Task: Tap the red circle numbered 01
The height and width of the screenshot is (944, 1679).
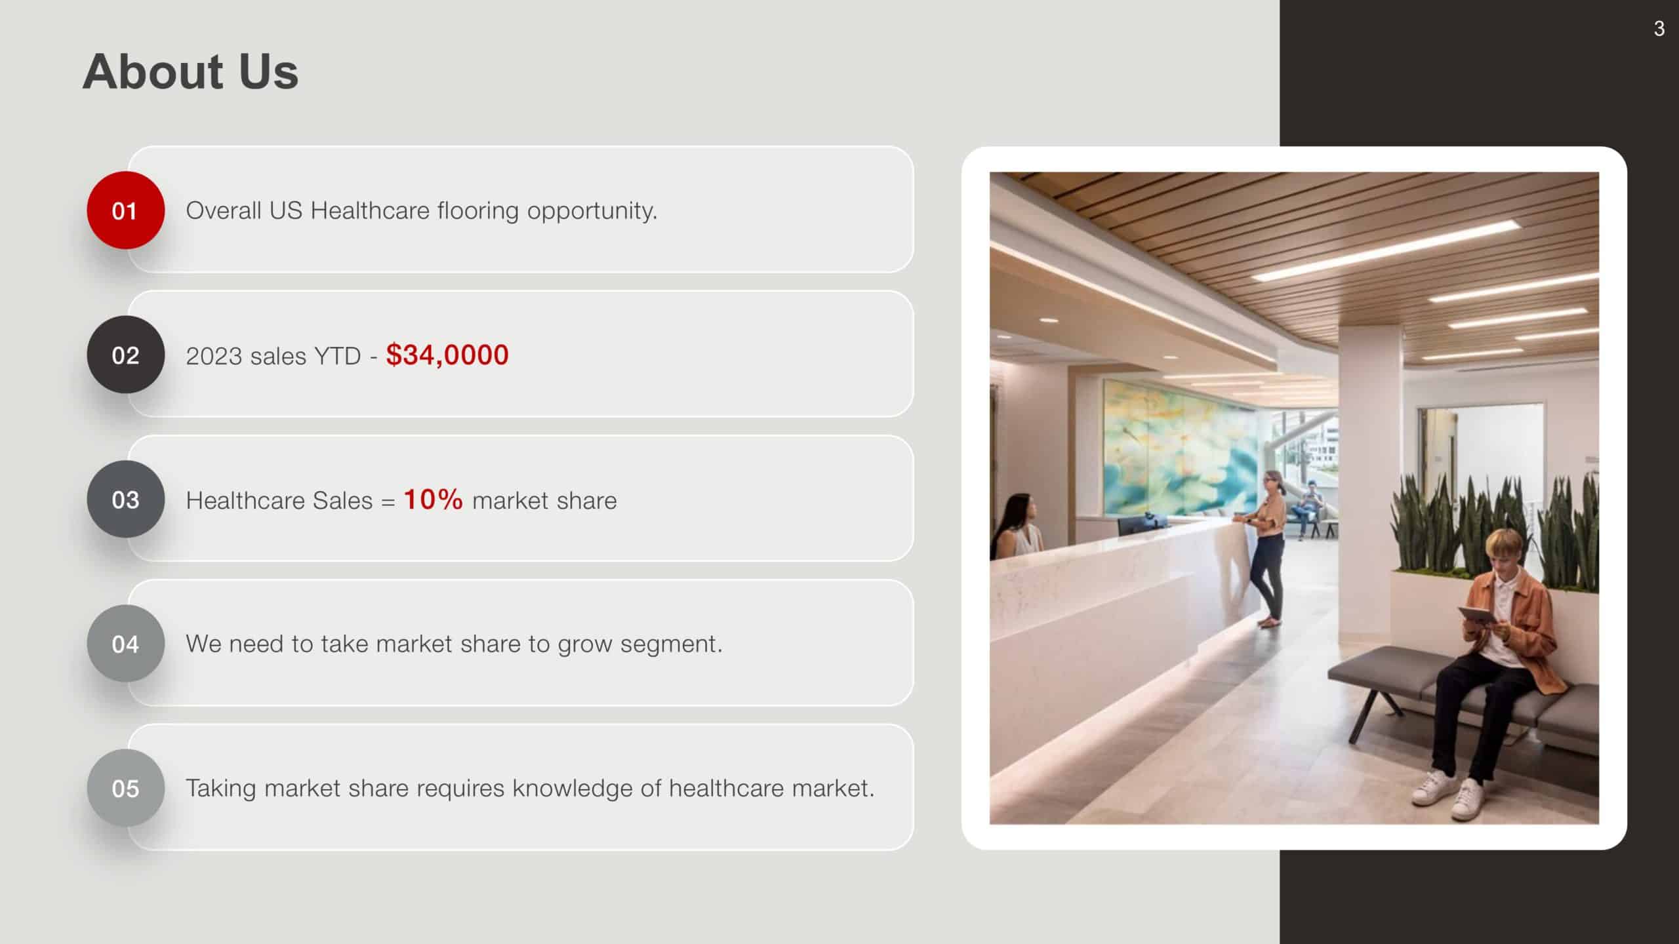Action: coord(125,210)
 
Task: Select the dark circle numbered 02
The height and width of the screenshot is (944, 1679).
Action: coord(125,355)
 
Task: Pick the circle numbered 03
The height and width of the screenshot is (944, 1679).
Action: coord(125,500)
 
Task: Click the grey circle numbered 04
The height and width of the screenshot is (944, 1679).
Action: coord(125,644)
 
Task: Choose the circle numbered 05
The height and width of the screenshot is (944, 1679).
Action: coord(125,788)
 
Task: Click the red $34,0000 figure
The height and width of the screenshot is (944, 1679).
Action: coord(447,355)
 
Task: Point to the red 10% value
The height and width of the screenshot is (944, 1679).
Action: coord(433,500)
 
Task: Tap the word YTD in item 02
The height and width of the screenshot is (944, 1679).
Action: coord(337,356)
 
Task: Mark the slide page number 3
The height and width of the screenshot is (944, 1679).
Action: coord(1659,29)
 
